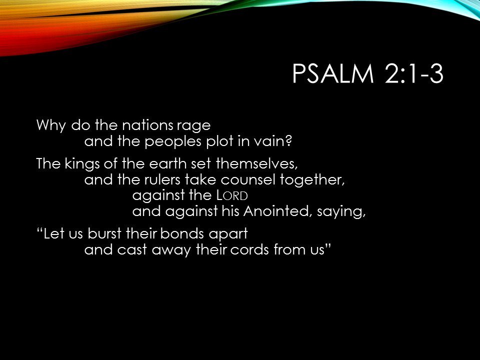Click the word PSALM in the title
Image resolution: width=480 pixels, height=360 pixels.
[x=333, y=73]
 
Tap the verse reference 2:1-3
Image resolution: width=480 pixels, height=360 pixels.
[x=414, y=73]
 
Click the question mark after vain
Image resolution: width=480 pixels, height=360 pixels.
[x=288, y=141]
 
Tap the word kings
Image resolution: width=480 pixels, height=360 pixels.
[x=82, y=164]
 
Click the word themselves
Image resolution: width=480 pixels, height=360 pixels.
[x=257, y=164]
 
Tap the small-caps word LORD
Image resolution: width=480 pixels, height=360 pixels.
[x=232, y=195]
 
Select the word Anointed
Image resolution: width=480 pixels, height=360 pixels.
[x=276, y=211]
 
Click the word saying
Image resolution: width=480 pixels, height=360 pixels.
[x=341, y=212]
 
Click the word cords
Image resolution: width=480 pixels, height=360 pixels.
[x=249, y=249]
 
